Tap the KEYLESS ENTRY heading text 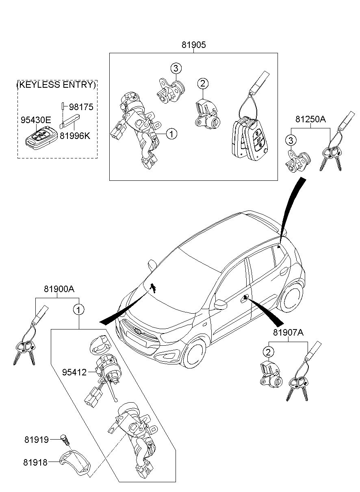[57, 85]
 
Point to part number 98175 [81, 107]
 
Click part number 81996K [75, 136]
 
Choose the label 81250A [311, 119]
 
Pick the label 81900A [59, 289]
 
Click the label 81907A [288, 333]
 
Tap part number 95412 [74, 372]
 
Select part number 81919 [36, 440]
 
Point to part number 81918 [36, 462]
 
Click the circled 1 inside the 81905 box [171, 134]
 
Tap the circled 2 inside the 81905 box [203, 84]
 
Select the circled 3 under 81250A [290, 141]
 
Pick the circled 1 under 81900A [78, 310]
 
